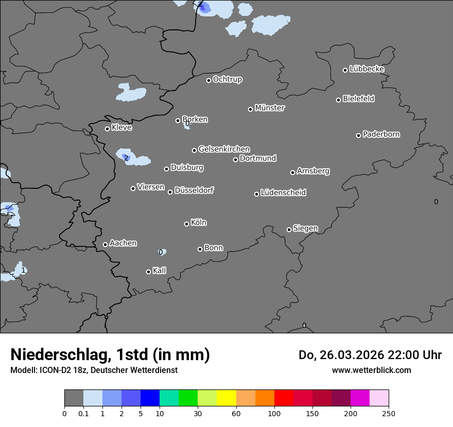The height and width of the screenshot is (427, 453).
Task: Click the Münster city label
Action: click(x=270, y=108)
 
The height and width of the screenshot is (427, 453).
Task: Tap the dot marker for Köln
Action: click(x=186, y=224)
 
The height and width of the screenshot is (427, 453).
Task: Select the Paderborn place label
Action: click(x=381, y=134)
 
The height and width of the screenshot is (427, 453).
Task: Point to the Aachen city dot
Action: click(x=105, y=244)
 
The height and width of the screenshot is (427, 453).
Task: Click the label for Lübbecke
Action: click(x=367, y=69)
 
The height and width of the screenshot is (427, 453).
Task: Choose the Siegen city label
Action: click(x=305, y=228)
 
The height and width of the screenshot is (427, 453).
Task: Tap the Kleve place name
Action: click(x=121, y=128)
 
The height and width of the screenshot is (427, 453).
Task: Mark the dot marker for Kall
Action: click(x=148, y=272)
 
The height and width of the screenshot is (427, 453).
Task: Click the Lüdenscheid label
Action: click(x=283, y=193)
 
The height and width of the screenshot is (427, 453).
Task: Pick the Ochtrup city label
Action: click(x=228, y=79)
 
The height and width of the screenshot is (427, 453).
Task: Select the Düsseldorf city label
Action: click(x=194, y=190)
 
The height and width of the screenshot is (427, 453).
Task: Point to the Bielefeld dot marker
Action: click(x=338, y=100)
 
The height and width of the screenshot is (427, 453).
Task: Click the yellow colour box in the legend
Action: click(x=226, y=398)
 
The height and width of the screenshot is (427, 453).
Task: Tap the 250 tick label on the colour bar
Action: click(x=389, y=413)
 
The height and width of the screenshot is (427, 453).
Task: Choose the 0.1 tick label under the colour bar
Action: click(x=83, y=413)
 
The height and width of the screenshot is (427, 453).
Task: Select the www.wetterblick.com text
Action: click(x=371, y=370)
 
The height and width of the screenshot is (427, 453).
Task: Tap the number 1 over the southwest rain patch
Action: click(x=23, y=270)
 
